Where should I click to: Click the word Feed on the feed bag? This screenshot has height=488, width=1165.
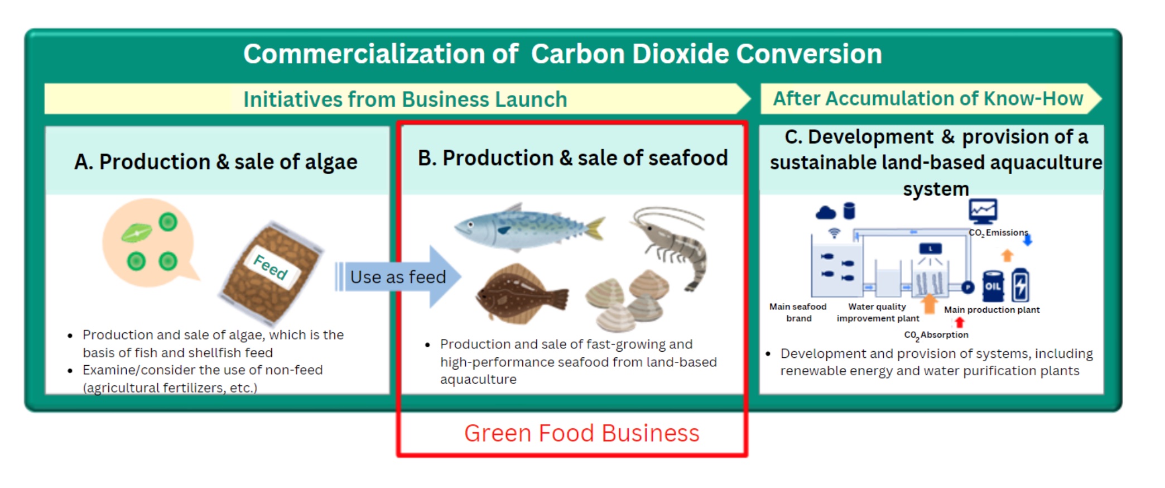coord(271,266)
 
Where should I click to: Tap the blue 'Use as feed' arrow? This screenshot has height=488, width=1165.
coord(398,277)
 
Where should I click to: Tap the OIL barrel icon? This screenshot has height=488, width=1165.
coord(993,286)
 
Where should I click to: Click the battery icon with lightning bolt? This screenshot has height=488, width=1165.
coord(1020,285)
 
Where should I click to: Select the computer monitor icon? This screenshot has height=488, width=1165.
coord(983,212)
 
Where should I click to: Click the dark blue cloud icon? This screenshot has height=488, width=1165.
coord(826,213)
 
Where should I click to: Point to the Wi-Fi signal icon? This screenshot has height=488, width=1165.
coord(834,233)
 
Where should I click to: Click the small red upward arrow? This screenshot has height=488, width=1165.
coord(959,322)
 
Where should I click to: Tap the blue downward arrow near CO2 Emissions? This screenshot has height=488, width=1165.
coord(1027,241)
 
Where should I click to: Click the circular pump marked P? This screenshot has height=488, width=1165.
coord(968,287)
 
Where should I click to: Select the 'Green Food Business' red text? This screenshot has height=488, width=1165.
coord(581,433)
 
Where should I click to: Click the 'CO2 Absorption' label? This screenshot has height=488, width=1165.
coord(936,335)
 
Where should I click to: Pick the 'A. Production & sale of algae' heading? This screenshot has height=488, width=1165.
coord(216,162)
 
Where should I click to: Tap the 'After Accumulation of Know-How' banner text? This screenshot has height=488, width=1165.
coord(927,99)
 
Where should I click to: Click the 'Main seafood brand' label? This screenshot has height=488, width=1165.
coord(798,312)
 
